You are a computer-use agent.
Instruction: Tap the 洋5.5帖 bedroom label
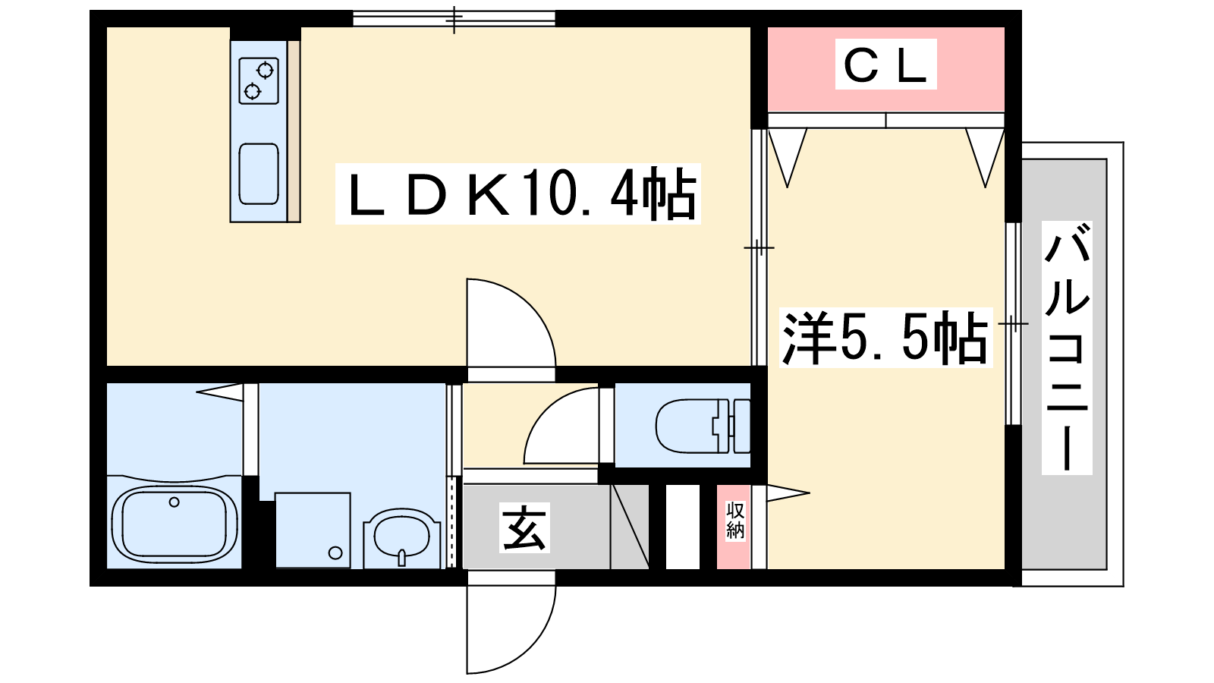pyautogui.click(x=885, y=337)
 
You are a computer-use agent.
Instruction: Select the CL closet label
pyautogui.click(x=885, y=64)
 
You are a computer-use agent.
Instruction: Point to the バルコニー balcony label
pyautogui.click(x=1067, y=348)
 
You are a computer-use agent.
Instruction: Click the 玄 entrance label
pyautogui.click(x=524, y=527)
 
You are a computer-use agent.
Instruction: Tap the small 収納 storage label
pyautogui.click(x=735, y=521)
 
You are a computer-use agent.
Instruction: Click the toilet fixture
pyautogui.click(x=703, y=426)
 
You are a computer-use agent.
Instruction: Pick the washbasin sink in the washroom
pyautogui.click(x=401, y=537)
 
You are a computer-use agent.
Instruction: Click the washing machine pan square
pyautogui.click(x=313, y=530)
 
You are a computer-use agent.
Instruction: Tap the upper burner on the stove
pyautogui.click(x=265, y=70)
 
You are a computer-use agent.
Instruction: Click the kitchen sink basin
pyautogui.click(x=259, y=174)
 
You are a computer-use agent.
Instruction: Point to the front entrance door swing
pyautogui.click(x=511, y=629)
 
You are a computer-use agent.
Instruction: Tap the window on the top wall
pyautogui.click(x=454, y=18)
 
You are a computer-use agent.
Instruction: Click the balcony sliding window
pyautogui.click(x=1013, y=323)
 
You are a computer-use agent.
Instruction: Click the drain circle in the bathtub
pyautogui.click(x=174, y=502)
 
